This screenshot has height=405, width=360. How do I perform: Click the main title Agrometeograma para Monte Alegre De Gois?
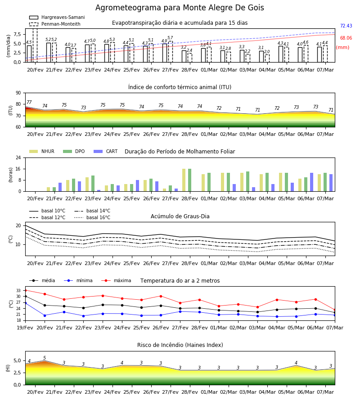click(180, 8)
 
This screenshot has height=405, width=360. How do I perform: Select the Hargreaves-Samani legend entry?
click(57, 17)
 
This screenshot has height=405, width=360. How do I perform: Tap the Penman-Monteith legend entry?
click(55, 24)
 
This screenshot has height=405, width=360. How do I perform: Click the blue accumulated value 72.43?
click(346, 26)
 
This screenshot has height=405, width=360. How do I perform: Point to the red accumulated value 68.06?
click(346, 38)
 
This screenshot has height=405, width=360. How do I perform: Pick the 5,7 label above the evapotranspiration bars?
click(170, 38)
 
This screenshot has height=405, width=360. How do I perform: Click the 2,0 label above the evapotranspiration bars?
click(267, 52)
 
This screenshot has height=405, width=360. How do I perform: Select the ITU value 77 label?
click(29, 102)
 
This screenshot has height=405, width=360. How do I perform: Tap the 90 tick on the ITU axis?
click(18, 93)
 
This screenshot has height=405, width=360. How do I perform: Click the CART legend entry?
click(106, 151)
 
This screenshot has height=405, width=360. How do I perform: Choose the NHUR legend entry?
click(42, 151)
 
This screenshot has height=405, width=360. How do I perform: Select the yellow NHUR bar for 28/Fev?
click(184, 180)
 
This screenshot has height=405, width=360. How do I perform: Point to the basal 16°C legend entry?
click(92, 217)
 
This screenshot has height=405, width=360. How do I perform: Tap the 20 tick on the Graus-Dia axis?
click(18, 226)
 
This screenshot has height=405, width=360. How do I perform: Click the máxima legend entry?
click(116, 280)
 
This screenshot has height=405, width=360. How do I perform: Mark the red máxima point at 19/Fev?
click(25, 290)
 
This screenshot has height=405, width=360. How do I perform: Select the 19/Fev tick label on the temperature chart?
click(25, 328)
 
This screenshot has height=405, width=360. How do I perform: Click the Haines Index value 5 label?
click(45, 358)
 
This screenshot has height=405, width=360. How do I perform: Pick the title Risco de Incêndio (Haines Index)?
click(180, 345)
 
